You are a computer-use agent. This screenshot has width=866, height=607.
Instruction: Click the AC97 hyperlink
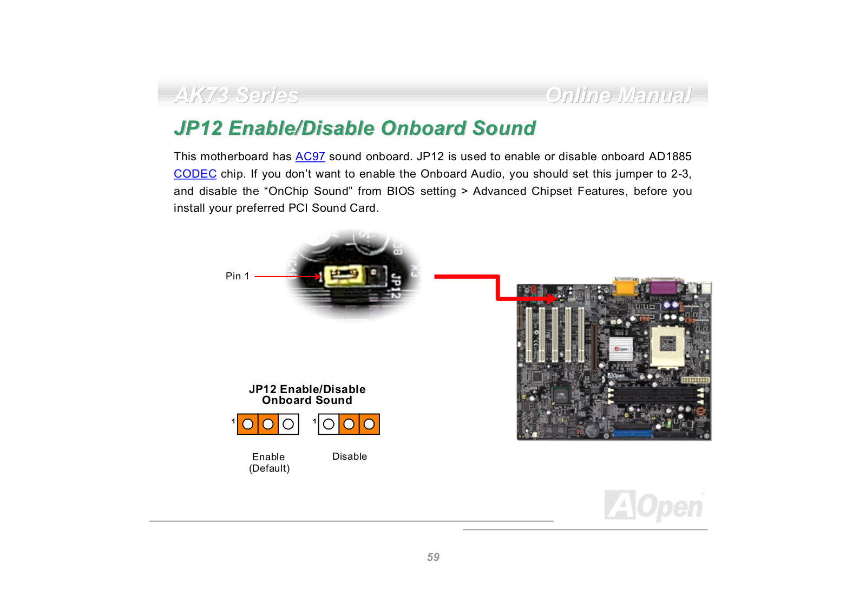tap(310, 156)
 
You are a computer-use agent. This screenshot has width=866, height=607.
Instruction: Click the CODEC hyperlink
tap(195, 174)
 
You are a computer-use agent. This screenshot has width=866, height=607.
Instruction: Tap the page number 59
tap(433, 557)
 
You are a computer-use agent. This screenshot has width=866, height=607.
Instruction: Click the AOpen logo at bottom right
tap(654, 506)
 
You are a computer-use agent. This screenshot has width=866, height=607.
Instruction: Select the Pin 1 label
tap(237, 276)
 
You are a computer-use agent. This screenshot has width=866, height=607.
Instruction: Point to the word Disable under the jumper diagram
tap(350, 456)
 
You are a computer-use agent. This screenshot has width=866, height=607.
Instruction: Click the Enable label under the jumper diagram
tap(268, 457)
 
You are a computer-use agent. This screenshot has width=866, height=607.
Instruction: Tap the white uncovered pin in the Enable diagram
tap(288, 424)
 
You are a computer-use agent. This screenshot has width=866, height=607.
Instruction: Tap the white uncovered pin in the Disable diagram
tap(329, 424)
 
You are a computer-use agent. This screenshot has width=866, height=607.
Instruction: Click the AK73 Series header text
tap(237, 95)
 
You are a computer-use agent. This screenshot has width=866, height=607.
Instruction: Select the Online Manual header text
tap(618, 95)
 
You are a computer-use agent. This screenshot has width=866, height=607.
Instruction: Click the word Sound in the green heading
tap(504, 128)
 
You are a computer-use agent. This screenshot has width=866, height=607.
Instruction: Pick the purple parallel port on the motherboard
tap(664, 286)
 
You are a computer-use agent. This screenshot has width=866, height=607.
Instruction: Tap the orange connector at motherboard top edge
tap(625, 286)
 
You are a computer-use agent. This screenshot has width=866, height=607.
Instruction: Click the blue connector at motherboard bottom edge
tap(633, 433)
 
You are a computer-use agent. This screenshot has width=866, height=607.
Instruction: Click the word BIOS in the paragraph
tap(401, 191)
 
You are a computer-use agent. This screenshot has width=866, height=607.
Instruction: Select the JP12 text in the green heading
tap(198, 128)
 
